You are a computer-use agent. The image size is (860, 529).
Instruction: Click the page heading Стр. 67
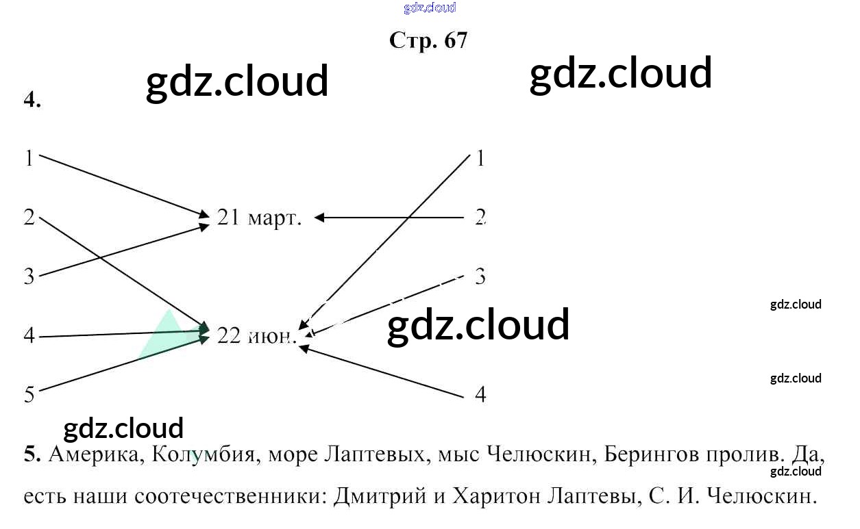tap(428, 40)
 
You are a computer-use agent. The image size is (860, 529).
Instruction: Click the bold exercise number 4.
tap(32, 100)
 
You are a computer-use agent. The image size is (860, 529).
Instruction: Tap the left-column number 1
tap(29, 159)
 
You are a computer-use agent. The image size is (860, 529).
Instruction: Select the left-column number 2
tap(29, 218)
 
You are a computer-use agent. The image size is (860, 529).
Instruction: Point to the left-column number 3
tap(29, 276)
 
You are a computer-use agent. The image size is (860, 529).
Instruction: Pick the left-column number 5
tap(29, 395)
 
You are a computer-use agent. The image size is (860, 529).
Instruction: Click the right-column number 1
tap(480, 159)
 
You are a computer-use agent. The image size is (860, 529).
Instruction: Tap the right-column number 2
tap(480, 218)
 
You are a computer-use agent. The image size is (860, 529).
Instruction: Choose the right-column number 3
tap(480, 276)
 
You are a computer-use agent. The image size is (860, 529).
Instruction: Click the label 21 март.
tap(259, 218)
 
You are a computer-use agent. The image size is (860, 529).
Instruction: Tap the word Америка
tap(94, 455)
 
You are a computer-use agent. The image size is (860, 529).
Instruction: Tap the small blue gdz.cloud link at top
tap(430, 8)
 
